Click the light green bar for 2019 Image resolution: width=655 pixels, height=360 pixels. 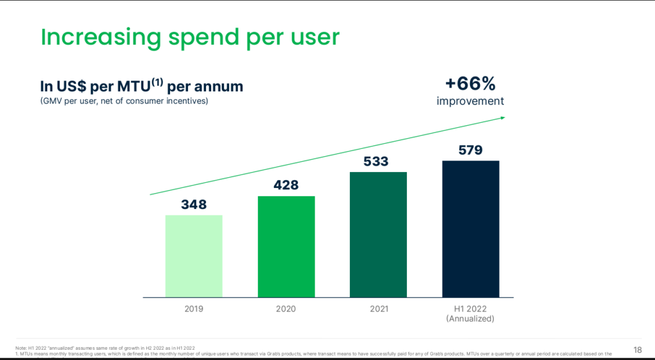(x=194, y=256)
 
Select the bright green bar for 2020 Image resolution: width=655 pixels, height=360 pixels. (x=286, y=246)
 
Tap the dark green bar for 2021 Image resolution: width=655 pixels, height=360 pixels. (x=378, y=234)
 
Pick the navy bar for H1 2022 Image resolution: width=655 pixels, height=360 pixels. (x=470, y=228)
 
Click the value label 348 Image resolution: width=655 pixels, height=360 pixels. (x=194, y=205)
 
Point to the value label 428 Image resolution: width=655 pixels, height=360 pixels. (x=286, y=185)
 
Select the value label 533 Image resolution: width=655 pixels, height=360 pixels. (x=376, y=161)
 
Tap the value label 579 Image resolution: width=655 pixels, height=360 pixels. (x=470, y=150)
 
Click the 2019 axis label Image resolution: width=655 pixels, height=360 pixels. (x=194, y=309)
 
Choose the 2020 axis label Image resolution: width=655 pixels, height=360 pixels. (x=286, y=309)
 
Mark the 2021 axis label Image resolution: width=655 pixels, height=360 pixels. (x=379, y=309)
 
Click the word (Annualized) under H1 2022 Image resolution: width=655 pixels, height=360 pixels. (x=470, y=318)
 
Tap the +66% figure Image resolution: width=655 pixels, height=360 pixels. (x=470, y=84)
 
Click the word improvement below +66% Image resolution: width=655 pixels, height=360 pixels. (x=470, y=101)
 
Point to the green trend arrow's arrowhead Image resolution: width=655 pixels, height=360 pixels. (x=503, y=117)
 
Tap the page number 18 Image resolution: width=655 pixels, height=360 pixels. (x=637, y=349)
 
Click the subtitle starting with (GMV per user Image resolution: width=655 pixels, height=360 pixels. (x=123, y=101)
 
